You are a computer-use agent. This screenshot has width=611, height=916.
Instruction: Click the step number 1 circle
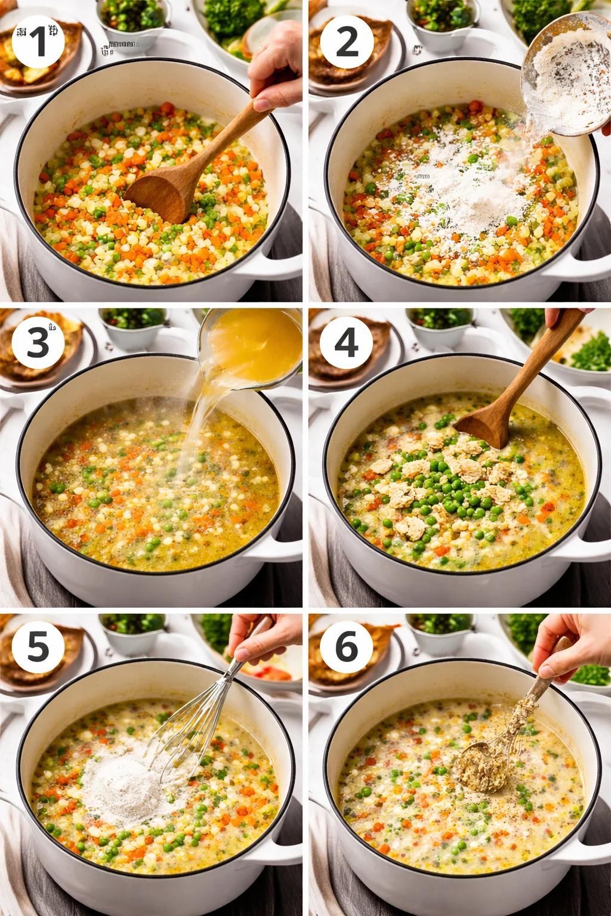coord(38,41)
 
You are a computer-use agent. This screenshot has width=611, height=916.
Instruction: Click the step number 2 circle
coord(347,41)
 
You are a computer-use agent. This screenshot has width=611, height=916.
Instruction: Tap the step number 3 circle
coord(38,342)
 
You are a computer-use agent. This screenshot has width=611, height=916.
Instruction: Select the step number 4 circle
coord(346,342)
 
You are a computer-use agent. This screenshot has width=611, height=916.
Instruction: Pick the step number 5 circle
coord(38,647)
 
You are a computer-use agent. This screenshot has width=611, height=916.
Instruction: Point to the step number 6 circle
coord(346,647)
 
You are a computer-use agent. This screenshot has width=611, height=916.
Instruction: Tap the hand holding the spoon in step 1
coord(276,66)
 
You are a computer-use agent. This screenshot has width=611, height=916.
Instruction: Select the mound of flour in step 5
coord(122,787)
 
